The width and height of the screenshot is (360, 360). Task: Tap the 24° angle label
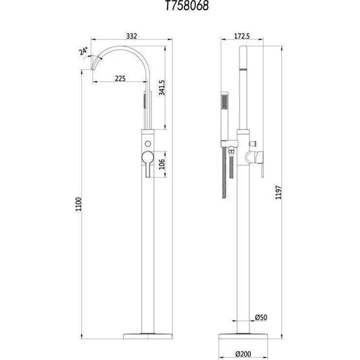83,52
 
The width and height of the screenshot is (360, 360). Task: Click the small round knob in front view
147,144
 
